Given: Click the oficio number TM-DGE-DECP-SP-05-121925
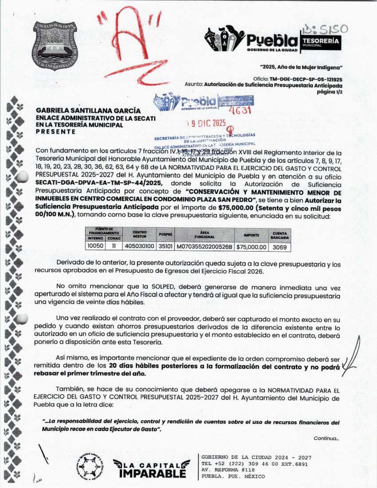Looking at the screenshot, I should click(306, 80).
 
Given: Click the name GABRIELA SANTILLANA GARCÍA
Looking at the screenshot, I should click(88, 111).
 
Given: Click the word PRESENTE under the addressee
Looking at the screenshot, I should click(56, 132).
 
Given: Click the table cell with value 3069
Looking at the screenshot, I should click(279, 247).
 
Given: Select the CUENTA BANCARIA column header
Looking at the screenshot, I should click(279, 235).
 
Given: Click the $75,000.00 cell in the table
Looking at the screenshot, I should click(251, 247).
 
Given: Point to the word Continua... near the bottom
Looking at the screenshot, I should click(326, 438).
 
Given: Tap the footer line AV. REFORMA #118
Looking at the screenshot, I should click(228, 470).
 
